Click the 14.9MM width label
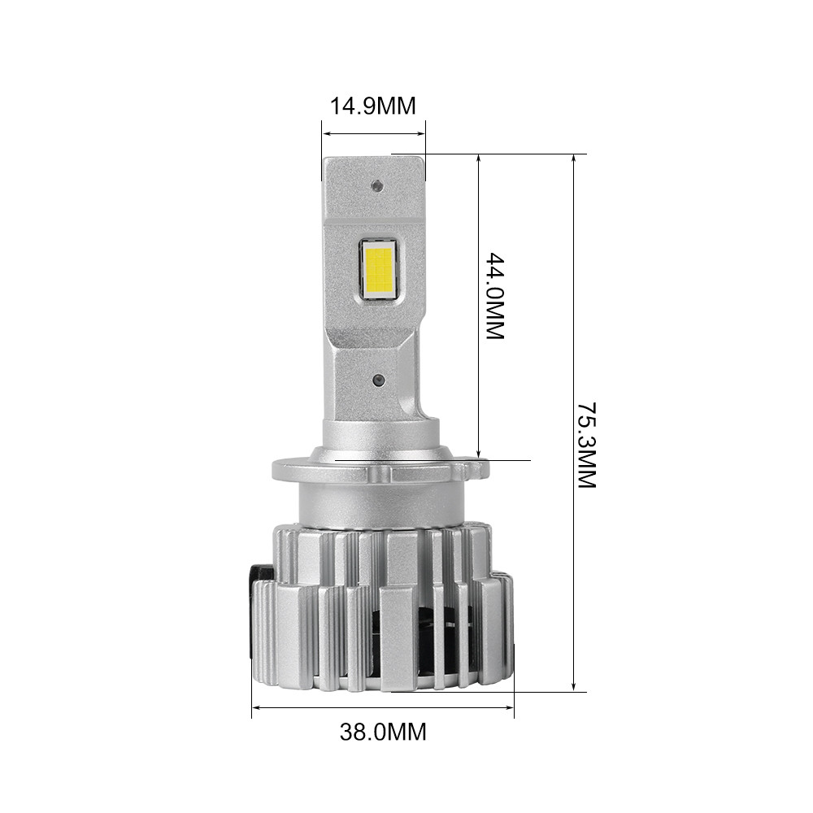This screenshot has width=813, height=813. [372, 107]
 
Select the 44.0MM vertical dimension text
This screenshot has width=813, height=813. [495, 296]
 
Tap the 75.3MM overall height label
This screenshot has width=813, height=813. [586, 442]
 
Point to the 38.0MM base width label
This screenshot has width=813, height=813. [383, 732]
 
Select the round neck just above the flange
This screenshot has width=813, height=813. [382, 439]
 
